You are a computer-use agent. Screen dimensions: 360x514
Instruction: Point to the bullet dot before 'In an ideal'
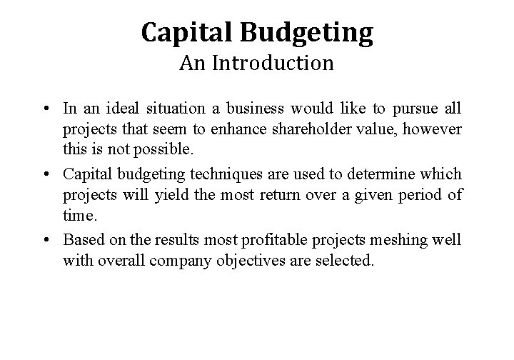tap(46, 109)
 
